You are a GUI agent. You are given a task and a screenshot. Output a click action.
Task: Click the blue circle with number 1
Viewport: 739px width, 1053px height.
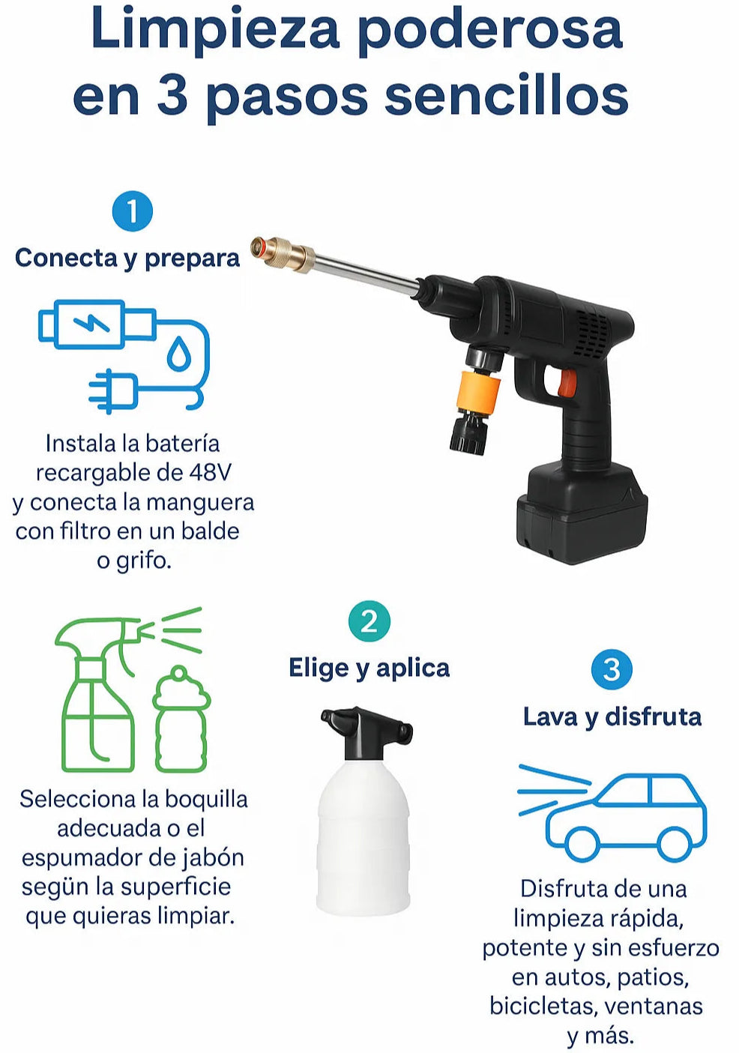133,211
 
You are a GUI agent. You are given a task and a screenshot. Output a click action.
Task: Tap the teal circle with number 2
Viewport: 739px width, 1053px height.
369,621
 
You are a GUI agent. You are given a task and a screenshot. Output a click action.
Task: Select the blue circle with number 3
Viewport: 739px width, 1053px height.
611,669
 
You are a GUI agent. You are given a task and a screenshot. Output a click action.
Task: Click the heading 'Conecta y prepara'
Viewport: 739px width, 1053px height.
127,259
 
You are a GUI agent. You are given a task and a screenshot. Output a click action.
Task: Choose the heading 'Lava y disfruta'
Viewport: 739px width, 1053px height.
612,717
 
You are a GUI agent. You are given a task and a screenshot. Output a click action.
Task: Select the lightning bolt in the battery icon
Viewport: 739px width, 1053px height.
91,324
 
